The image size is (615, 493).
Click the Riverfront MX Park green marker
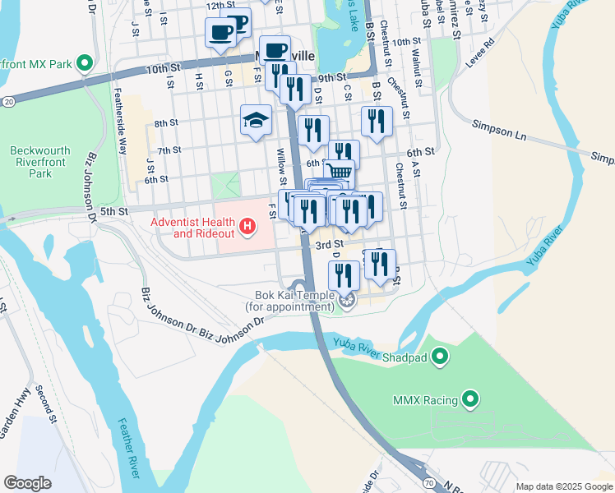pos(84,63)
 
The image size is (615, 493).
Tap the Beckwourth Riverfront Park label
pos(40,162)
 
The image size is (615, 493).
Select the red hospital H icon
pos(245,224)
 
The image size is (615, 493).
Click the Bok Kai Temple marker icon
pos(347,302)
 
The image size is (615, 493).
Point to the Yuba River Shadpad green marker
pos(440,356)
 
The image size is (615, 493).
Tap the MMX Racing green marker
pos(470,400)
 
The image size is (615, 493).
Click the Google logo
pos(28,483)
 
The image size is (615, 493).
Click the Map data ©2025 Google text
pos(563,486)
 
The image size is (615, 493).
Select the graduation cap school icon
pos(256,121)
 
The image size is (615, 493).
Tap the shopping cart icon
pos(338,172)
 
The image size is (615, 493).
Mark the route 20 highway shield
pos(8,100)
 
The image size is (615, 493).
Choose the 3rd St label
pos(330,245)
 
